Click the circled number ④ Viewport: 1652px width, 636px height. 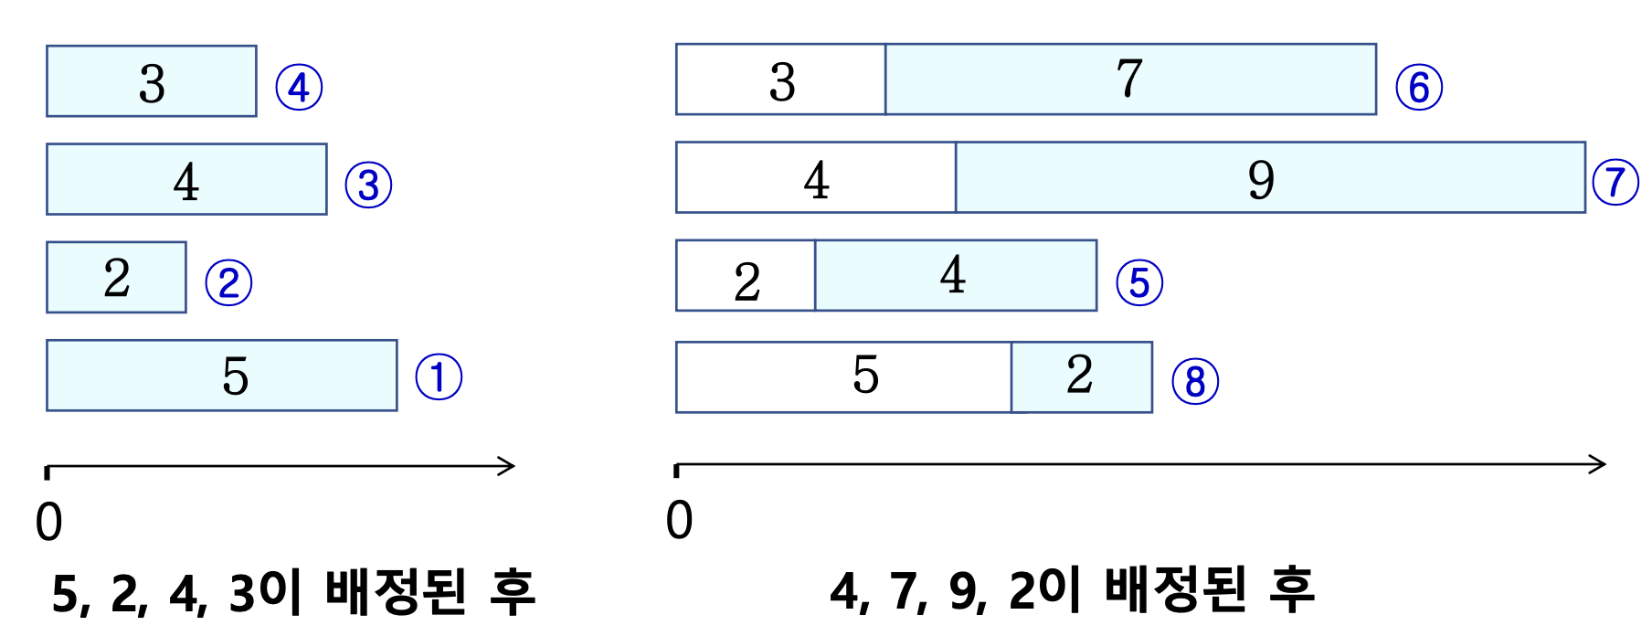(299, 88)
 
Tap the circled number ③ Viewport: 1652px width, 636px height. (368, 185)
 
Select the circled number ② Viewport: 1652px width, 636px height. (228, 282)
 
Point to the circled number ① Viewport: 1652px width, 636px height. (439, 377)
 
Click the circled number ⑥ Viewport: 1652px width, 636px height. (1419, 88)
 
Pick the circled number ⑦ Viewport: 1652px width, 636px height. (1615, 182)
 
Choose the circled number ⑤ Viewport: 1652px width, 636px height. (1139, 282)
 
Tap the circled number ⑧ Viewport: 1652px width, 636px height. (1195, 381)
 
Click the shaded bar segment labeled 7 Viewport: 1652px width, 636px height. (1130, 79)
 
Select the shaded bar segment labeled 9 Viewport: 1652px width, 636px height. (1270, 177)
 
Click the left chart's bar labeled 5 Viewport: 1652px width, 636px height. (222, 376)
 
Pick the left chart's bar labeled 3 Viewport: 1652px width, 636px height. (152, 81)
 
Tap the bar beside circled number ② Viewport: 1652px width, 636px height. (116, 277)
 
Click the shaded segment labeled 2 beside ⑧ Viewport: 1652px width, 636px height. (1081, 376)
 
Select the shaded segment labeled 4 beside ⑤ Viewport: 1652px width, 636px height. (955, 275)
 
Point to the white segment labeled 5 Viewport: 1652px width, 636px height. (843, 376)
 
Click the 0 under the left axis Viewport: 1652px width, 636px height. (49, 523)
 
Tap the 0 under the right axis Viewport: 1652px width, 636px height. (679, 521)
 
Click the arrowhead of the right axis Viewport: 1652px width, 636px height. (1598, 464)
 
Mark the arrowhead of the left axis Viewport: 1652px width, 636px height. (507, 466)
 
